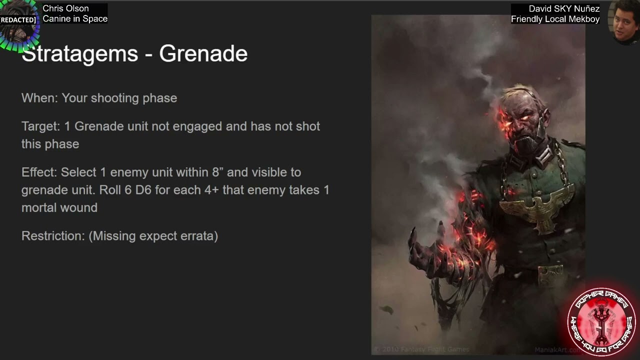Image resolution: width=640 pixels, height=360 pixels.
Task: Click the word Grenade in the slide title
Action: point(203,54)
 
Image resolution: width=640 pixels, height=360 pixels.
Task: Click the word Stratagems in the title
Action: point(79,54)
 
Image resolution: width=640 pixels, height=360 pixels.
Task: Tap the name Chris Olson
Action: point(65,8)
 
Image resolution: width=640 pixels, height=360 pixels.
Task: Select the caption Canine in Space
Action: point(75,19)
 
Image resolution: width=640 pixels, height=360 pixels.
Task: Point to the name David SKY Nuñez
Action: point(564,9)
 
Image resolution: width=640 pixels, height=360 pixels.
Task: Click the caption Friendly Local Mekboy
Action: point(555,19)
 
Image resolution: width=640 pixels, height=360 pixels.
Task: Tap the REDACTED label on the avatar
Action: point(18,20)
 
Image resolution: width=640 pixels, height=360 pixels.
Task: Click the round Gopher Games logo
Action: point(601,321)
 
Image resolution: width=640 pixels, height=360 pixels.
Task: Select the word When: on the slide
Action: point(39,98)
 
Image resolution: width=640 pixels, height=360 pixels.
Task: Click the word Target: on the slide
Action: point(40,126)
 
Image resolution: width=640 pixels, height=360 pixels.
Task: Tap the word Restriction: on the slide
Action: point(53,236)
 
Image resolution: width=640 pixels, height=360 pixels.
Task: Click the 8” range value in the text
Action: point(217,172)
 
